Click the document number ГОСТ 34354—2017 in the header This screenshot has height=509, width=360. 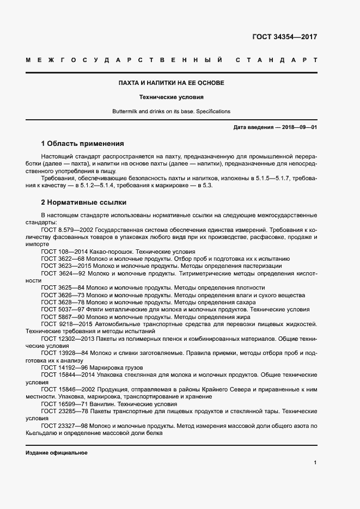pos(284,38)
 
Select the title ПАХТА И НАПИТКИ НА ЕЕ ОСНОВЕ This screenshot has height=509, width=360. pos(172,83)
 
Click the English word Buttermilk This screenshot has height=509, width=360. pos(126,111)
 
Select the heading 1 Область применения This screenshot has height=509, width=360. pos(83,144)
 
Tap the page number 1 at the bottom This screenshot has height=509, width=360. pos(315,463)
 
